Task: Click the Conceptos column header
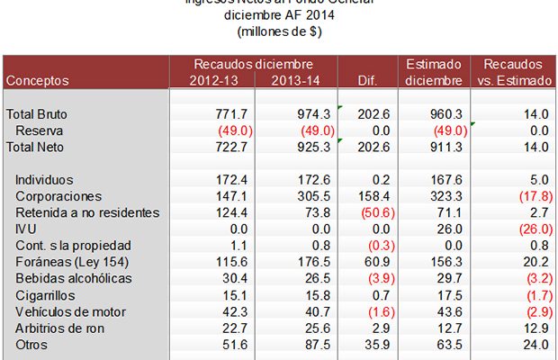(38, 80)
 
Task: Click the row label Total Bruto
(37, 114)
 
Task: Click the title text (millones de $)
(279, 31)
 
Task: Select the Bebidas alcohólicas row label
(73, 278)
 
